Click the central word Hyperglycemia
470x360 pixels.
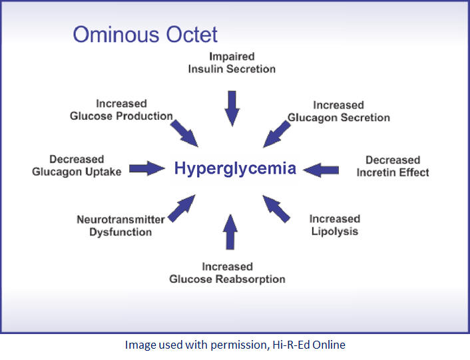[235, 168]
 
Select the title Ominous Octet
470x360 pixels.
[145, 35]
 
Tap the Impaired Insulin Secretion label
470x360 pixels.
[232, 63]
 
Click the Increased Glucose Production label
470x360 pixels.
[121, 110]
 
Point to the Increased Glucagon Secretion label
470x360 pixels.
[339, 111]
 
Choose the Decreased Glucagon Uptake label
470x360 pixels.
[77, 166]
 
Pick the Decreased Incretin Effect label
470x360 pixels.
[393, 166]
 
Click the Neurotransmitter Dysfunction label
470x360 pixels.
[120, 226]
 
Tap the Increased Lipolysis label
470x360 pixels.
[335, 225]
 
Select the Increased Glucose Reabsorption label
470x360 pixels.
[227, 273]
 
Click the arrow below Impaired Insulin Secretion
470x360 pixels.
[232, 108]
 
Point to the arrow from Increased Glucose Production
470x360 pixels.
[184, 134]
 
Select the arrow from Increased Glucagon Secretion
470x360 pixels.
[277, 134]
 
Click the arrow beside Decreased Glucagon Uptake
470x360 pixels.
[147, 168]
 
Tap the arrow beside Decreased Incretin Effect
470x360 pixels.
[321, 170]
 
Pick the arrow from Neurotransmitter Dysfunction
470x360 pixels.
[182, 208]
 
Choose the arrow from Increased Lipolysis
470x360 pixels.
[276, 209]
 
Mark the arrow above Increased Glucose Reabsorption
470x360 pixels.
[230, 232]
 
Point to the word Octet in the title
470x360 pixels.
[192, 35]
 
